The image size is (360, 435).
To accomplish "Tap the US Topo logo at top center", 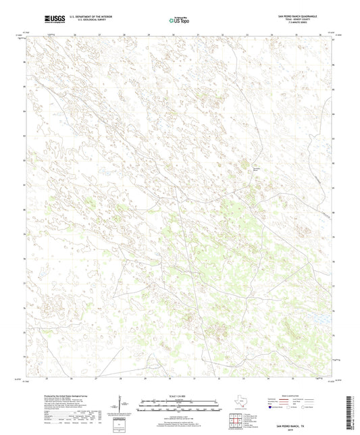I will pyautogui.click(x=176, y=22).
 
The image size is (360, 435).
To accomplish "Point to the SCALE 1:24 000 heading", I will pyautogui.click(x=179, y=396).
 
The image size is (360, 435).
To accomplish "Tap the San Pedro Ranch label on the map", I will pyautogui.click(x=256, y=168).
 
